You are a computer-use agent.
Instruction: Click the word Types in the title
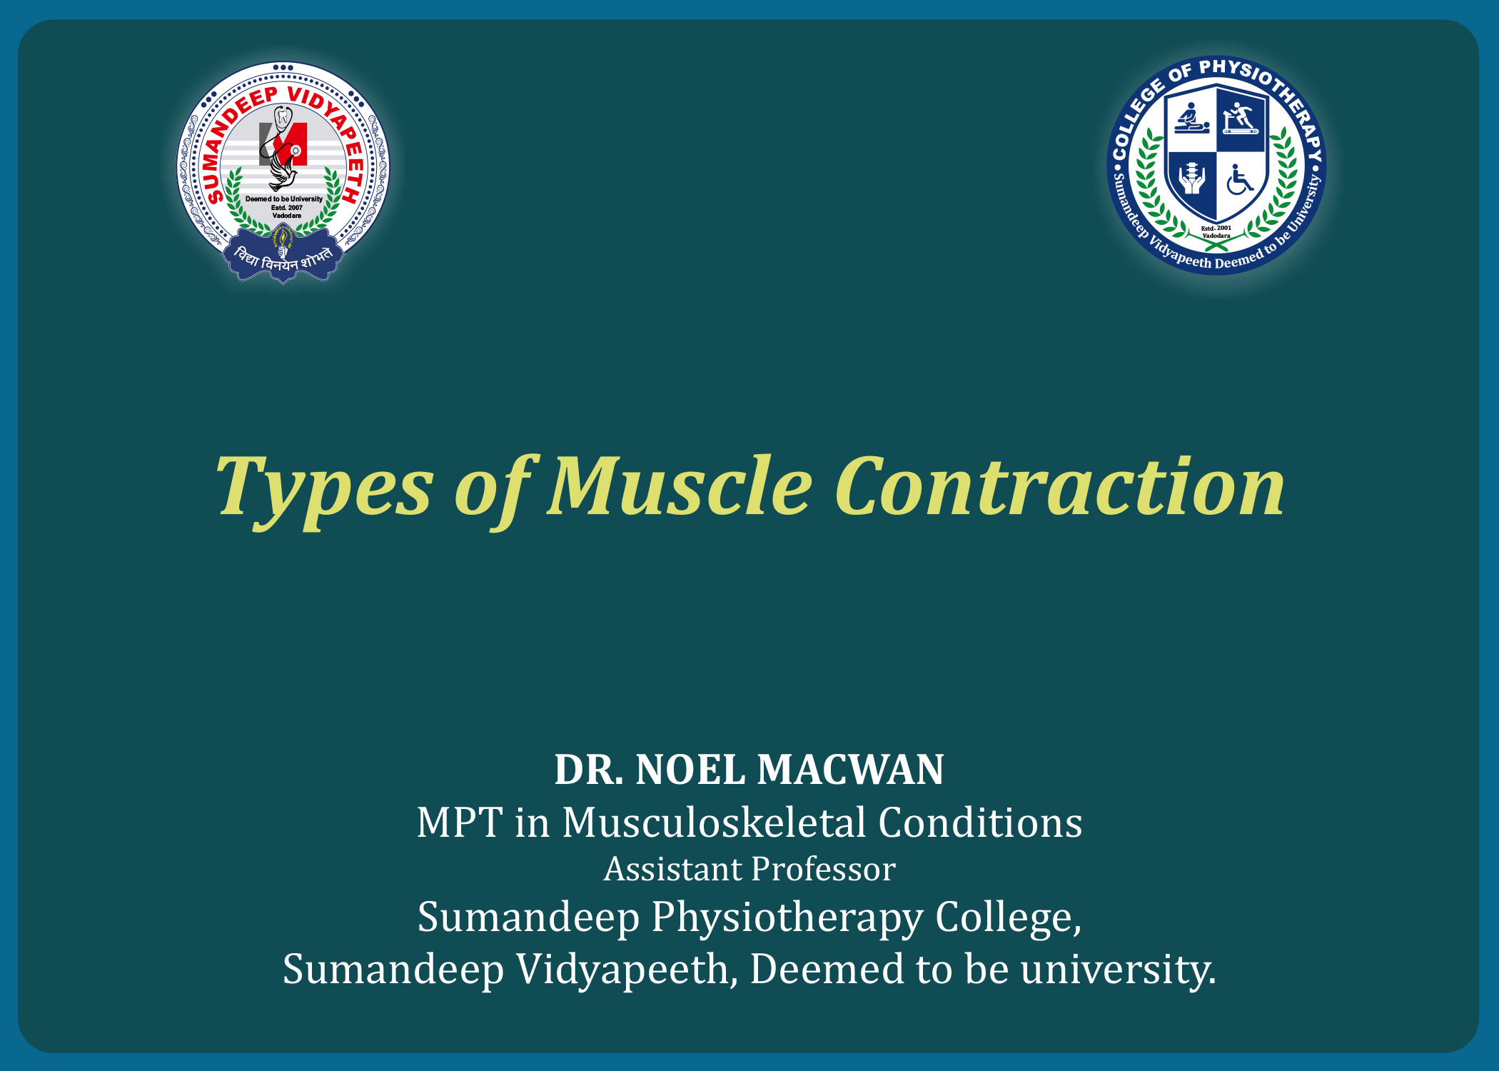324,489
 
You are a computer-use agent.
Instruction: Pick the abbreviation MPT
460,823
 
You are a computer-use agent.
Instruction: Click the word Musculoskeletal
714,823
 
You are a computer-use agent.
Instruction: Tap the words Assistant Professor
749,869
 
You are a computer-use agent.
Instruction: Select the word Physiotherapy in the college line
787,918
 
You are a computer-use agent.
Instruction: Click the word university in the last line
1118,969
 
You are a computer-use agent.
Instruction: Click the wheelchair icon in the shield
1239,180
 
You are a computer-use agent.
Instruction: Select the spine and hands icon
1191,178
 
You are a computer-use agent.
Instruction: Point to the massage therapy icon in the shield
1192,118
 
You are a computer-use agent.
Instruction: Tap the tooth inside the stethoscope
283,116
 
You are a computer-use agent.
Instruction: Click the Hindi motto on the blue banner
283,258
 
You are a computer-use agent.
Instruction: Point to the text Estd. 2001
1216,228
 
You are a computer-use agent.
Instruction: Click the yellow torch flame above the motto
283,234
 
